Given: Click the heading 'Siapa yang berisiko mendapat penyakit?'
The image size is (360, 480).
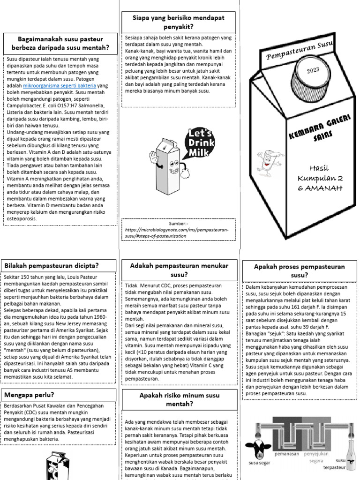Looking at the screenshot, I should coord(178,22).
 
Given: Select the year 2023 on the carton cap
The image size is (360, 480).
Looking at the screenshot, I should coord(313,70).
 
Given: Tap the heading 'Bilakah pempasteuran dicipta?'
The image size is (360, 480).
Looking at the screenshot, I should coord(52,266).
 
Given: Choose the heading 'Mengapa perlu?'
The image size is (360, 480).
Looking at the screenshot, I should coord(29,395).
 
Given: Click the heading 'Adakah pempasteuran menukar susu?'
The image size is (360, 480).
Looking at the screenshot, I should coord(178,270).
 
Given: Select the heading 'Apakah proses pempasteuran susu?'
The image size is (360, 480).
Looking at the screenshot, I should coord(299,270).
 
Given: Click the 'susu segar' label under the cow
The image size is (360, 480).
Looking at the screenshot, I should coord(260,464).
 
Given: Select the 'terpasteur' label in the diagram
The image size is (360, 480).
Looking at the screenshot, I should coord(334,467).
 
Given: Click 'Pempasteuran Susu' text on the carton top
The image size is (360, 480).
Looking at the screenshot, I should coord(300,50).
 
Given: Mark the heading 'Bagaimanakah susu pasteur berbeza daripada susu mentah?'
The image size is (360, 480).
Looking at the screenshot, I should coord(60,43).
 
